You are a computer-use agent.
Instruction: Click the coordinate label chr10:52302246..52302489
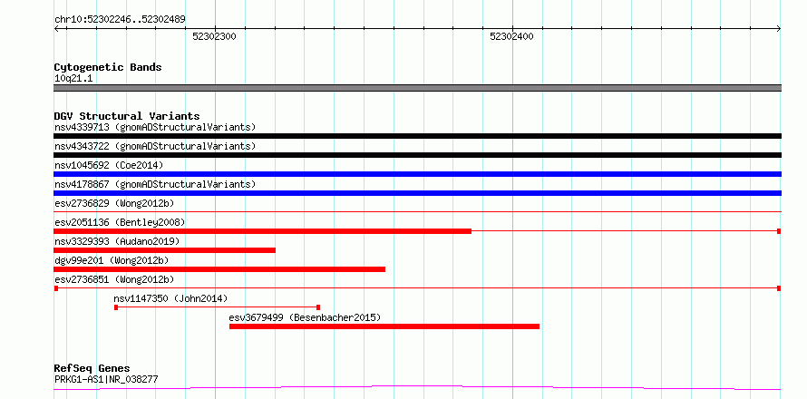point(120,20)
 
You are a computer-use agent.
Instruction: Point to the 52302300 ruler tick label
point(215,36)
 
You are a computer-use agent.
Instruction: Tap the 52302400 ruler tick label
point(512,36)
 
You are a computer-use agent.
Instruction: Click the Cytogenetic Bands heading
point(108,67)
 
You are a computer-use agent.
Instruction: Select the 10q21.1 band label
point(73,79)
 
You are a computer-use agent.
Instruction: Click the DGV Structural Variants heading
point(127,116)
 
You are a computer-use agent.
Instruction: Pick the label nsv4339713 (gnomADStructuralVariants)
point(155,127)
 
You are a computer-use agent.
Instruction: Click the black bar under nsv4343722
point(417,155)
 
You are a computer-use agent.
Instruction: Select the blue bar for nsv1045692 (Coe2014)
point(417,174)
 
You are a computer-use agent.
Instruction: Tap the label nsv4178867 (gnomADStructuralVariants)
point(155,184)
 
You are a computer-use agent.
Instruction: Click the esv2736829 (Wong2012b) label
point(114,203)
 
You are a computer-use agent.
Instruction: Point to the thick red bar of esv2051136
point(262,231)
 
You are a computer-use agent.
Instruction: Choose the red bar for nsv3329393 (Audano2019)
point(164,250)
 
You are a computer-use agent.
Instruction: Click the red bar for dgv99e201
point(219,269)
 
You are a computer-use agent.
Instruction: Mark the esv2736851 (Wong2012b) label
point(114,279)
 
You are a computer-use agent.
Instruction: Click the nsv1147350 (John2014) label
point(170,298)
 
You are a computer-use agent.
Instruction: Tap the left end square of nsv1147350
point(116,307)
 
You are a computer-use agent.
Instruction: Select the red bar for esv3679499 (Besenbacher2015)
point(384,326)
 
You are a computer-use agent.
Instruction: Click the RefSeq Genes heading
point(92,369)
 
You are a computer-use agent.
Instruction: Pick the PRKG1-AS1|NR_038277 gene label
point(106,380)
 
